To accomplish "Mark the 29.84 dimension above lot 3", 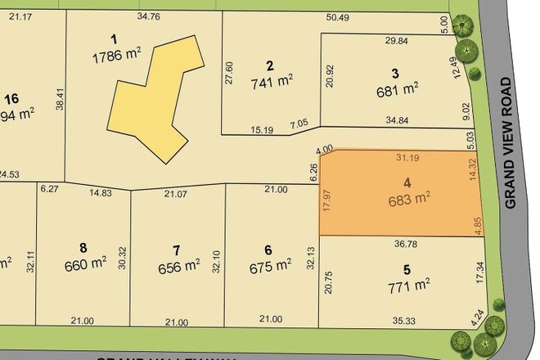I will click(x=396, y=41).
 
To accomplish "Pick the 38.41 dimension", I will click(x=58, y=101).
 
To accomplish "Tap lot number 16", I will click(x=11, y=99).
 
